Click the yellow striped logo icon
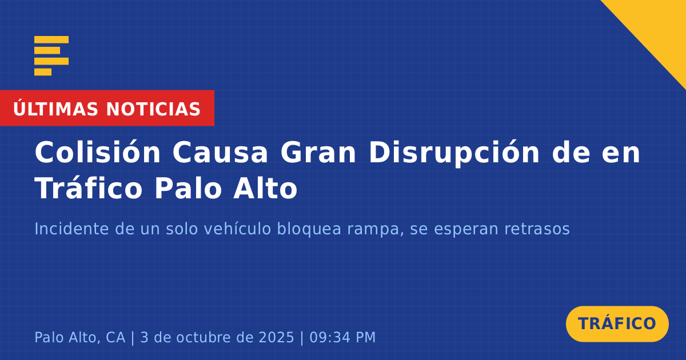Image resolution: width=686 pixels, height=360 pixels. (x=51, y=56)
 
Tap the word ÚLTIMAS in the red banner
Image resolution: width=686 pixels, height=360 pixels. (x=55, y=109)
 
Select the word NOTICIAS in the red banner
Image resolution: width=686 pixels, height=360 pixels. (x=153, y=109)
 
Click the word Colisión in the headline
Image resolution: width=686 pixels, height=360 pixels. (x=98, y=152)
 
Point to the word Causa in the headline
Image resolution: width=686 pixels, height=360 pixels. (x=221, y=152)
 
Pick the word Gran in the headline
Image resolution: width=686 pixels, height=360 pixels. (x=318, y=152)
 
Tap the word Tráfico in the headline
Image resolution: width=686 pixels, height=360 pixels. (x=89, y=187)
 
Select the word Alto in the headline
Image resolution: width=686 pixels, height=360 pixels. (x=265, y=187)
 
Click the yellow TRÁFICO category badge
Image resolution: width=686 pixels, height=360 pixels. (x=617, y=324)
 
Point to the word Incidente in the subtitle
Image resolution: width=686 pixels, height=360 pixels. (x=72, y=229)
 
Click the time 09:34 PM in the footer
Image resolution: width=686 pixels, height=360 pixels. (x=342, y=337)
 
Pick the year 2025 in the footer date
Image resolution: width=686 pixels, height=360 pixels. (x=277, y=337)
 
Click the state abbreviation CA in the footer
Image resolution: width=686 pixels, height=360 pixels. (x=115, y=337)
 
